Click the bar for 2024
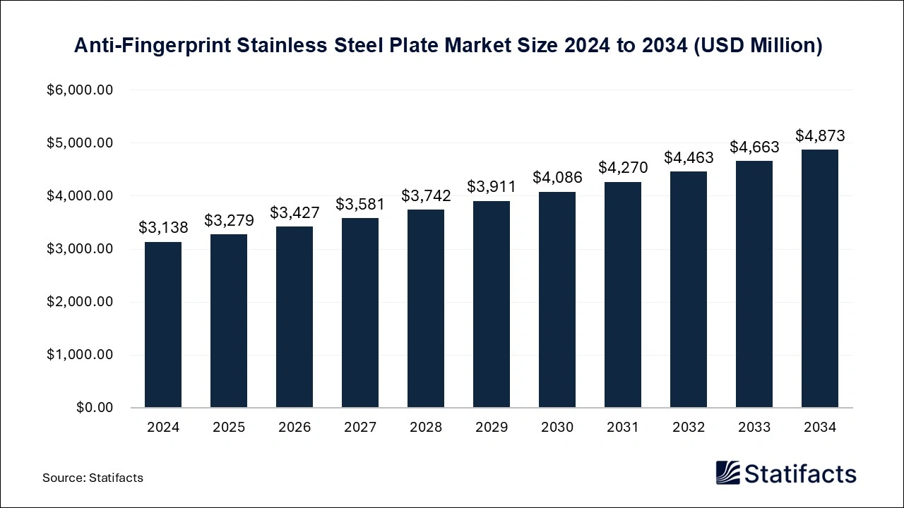coord(163,325)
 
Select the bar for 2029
coord(492,304)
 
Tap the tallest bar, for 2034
coord(820,279)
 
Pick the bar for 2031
coord(623,295)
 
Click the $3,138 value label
coord(163,227)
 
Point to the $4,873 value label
coord(820,135)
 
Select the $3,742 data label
coord(426,195)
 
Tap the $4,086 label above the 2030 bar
coord(557,177)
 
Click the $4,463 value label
coord(689,157)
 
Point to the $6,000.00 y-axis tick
coord(80,90)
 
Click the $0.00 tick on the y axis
coord(94,408)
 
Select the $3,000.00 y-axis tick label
coord(80,249)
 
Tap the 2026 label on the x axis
coord(295,428)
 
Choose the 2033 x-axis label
coord(754,428)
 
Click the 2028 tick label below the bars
coord(426,428)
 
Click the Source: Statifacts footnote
coord(93,478)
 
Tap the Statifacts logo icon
coord(728,473)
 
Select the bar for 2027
coord(360,313)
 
